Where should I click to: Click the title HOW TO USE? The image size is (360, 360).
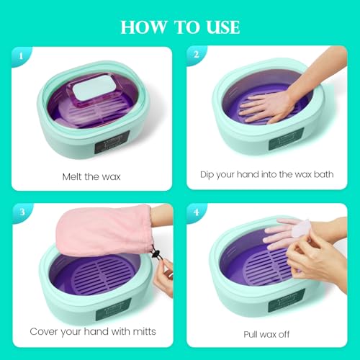(180, 27)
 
